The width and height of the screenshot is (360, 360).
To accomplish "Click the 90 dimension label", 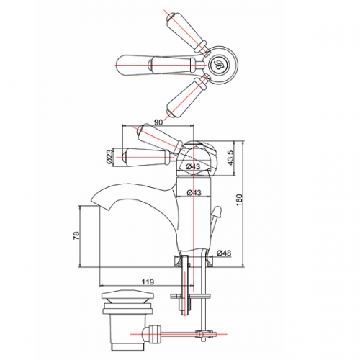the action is [158, 122].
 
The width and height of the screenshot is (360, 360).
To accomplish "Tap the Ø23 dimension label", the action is [109, 157].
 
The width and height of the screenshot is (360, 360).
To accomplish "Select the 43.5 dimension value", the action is [230, 158].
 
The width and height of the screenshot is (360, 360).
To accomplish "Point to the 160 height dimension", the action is [239, 200].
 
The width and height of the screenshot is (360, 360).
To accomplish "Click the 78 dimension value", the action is [76, 235].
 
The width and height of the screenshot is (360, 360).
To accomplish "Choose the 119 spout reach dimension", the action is [148, 282].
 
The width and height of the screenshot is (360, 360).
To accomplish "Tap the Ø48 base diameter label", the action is [223, 253].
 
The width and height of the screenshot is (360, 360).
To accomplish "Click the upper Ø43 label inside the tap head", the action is [193, 166].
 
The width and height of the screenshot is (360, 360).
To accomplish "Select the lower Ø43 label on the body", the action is [194, 192].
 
